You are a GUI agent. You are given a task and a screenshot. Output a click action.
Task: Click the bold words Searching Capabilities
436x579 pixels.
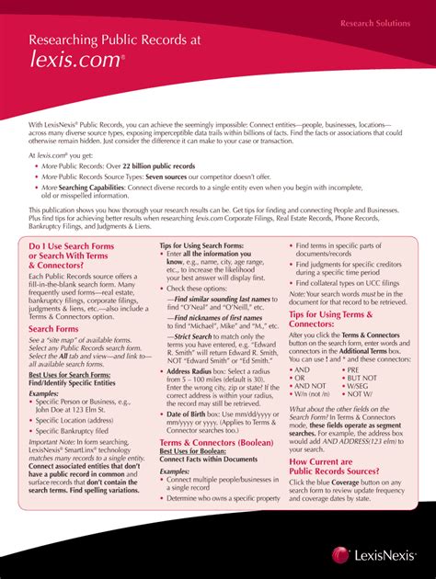point(86,187)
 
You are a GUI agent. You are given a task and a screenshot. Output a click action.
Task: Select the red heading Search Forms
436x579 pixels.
point(53,328)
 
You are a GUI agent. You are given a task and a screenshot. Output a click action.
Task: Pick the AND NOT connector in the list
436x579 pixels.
point(312,386)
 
